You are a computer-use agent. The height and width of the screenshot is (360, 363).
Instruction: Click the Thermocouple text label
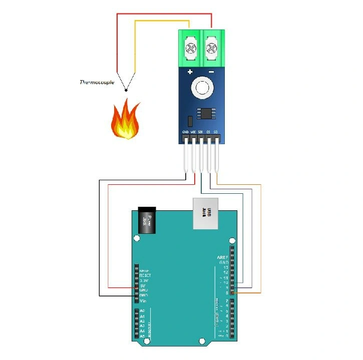[x=97, y=82]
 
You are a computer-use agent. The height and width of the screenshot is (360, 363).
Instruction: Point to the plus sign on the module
[x=190, y=73]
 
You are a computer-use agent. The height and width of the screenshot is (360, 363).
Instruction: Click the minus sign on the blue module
[x=211, y=73]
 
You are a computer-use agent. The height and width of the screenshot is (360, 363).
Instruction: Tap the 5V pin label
[x=143, y=285]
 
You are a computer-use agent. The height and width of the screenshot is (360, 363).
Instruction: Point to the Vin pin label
[x=143, y=300]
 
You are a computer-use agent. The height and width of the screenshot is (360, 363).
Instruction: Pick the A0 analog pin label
[x=143, y=311]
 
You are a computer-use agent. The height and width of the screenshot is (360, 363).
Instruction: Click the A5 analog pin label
[x=143, y=336]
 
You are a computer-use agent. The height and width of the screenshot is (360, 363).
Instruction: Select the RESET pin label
[x=145, y=275]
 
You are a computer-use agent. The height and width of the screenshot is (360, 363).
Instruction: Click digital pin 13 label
[x=226, y=267]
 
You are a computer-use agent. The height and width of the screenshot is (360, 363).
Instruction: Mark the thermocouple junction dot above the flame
[x=126, y=91]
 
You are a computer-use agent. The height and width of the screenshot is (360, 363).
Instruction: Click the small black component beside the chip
[x=190, y=121]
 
